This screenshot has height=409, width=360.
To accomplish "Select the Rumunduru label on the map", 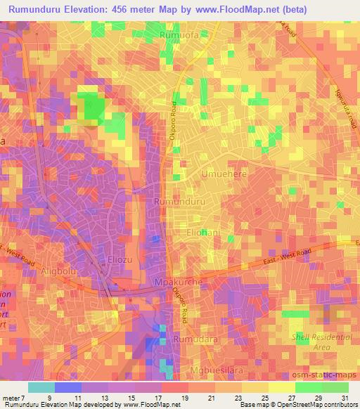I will (x=179, y=202).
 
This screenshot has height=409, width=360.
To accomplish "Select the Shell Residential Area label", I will (x=321, y=342).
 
